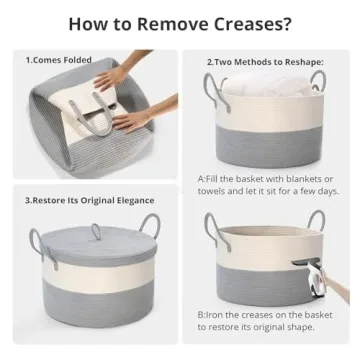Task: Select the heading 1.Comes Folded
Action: (x=58, y=60)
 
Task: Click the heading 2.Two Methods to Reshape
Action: (x=263, y=62)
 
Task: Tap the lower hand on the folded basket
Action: (x=132, y=121)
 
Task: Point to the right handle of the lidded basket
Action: (x=149, y=224)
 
